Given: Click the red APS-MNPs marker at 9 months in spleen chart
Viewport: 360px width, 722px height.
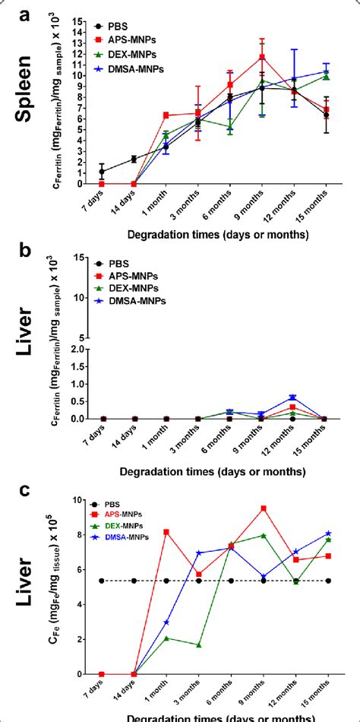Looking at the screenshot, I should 262,57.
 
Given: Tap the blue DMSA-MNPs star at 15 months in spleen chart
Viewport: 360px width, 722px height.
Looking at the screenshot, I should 326,72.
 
